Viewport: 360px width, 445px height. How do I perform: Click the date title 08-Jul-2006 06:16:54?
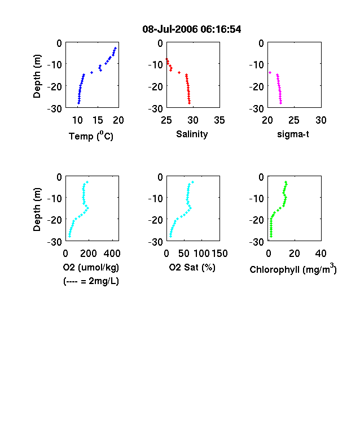192,29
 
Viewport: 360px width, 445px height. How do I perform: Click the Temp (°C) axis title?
91,136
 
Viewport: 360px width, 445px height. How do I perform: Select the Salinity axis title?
192,134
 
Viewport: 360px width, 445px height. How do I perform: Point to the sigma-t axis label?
293,134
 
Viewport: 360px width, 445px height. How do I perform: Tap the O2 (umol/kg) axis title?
91,267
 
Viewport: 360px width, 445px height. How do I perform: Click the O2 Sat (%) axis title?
192,267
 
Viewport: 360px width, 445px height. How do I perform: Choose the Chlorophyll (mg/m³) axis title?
293,269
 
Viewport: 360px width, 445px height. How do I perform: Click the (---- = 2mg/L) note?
91,281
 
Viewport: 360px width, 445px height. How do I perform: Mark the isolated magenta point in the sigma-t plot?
270,73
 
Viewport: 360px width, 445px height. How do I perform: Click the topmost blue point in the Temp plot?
115,48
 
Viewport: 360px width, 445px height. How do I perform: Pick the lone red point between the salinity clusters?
179,73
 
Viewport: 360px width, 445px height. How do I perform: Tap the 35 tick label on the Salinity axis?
219,120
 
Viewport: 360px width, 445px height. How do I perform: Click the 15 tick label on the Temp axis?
98,120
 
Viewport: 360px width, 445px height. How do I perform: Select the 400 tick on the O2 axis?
112,253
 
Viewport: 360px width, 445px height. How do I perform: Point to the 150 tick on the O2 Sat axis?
219,253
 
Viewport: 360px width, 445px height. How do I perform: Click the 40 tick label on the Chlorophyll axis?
321,253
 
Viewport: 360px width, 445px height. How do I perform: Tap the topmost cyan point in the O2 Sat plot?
193,182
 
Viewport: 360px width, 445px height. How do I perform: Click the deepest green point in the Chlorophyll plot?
271,236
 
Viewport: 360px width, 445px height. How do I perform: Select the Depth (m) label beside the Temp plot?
37,76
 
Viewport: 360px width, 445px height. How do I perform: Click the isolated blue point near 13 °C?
91,73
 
